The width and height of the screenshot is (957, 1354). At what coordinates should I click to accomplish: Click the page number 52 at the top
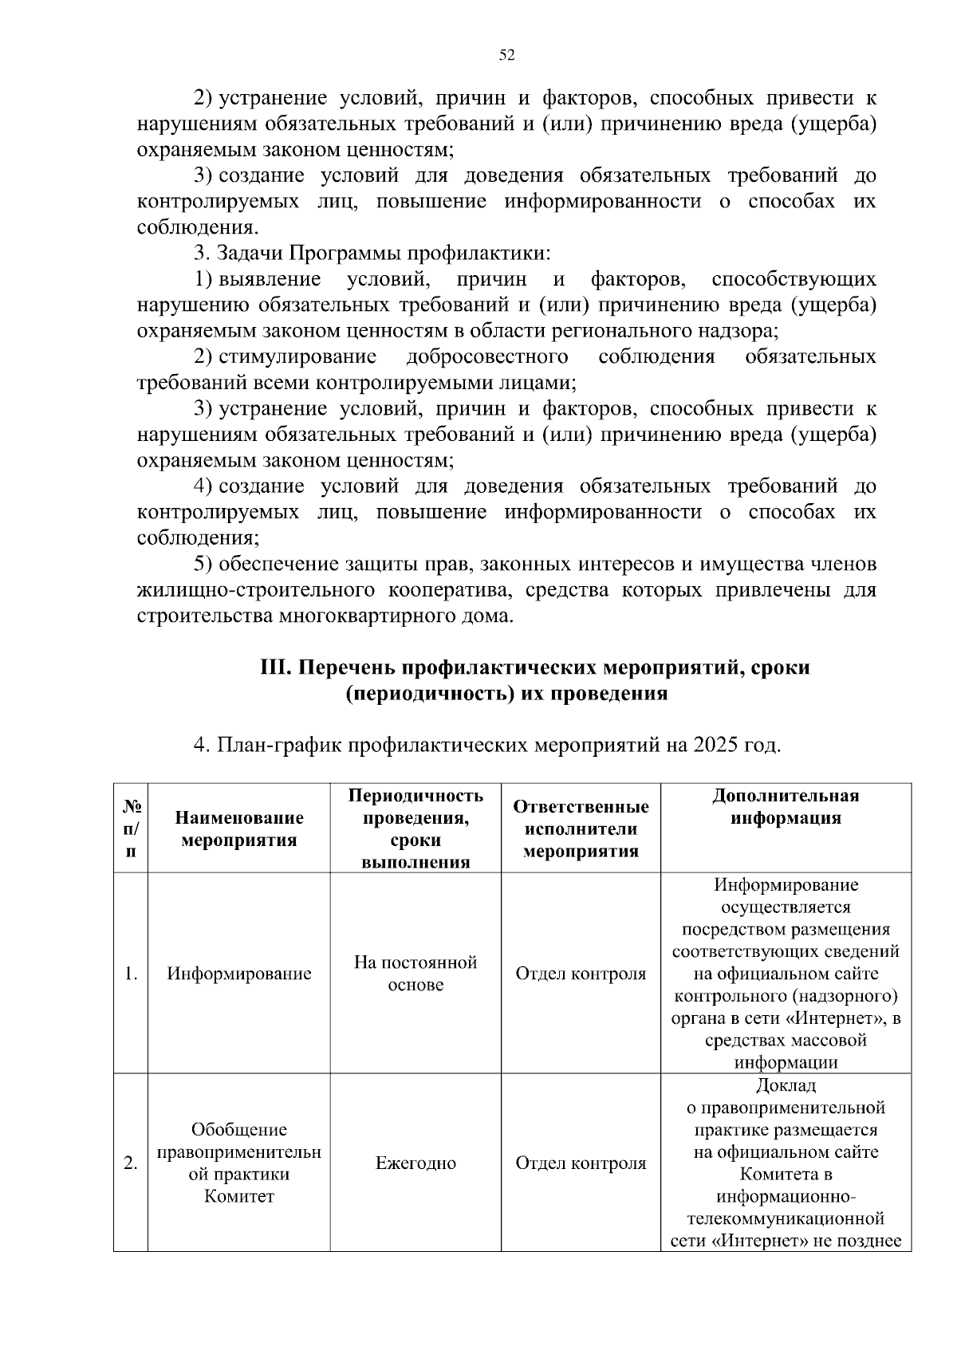[506, 55]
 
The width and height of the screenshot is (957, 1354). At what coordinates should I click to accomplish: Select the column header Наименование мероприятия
[239, 829]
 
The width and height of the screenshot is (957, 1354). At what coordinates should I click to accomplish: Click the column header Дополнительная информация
[786, 807]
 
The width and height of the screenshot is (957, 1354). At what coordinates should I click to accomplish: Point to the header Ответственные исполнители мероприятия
[581, 829]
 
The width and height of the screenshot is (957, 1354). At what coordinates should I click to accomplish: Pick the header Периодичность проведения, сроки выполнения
[415, 829]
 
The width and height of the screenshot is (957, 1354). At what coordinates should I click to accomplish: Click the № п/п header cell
[131, 829]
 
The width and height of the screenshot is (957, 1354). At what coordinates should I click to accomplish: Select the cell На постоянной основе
[415, 973]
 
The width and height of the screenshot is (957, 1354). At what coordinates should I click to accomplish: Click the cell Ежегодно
[415, 1163]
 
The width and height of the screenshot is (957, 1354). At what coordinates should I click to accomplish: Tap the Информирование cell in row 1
[239, 974]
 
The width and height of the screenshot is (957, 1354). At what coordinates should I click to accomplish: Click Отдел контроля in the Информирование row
[581, 974]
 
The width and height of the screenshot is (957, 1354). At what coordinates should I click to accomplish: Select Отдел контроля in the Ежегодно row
[581, 1163]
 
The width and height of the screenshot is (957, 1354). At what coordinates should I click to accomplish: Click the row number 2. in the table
[131, 1163]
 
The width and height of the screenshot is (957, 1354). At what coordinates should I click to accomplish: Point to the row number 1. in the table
[131, 974]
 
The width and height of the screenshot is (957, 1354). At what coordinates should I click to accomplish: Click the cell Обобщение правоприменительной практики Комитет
[239, 1163]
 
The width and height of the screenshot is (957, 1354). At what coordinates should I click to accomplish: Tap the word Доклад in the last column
[786, 1086]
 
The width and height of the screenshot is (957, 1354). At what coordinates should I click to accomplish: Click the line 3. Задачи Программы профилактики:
[372, 254]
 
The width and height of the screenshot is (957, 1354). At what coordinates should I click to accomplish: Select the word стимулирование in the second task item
[297, 356]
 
